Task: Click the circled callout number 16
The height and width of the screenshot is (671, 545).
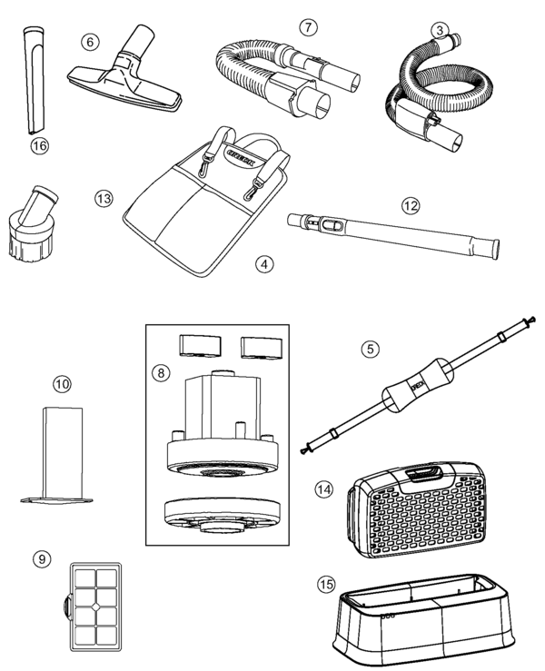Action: pyautogui.click(x=38, y=145)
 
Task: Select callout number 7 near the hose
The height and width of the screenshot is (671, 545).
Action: pyautogui.click(x=310, y=26)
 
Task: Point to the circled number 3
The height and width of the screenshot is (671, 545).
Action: pyautogui.click(x=440, y=31)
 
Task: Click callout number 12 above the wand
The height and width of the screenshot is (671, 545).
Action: pyautogui.click(x=411, y=205)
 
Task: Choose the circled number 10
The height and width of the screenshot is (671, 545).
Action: pyautogui.click(x=62, y=385)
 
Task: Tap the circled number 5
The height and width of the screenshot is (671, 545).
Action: pyautogui.click(x=369, y=348)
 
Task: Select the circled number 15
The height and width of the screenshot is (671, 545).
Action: pyautogui.click(x=326, y=585)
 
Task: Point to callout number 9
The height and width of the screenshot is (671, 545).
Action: pyautogui.click(x=41, y=559)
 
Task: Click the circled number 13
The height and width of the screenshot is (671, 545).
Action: pyautogui.click(x=103, y=198)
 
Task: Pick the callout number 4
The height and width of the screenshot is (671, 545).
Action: pyautogui.click(x=263, y=264)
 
